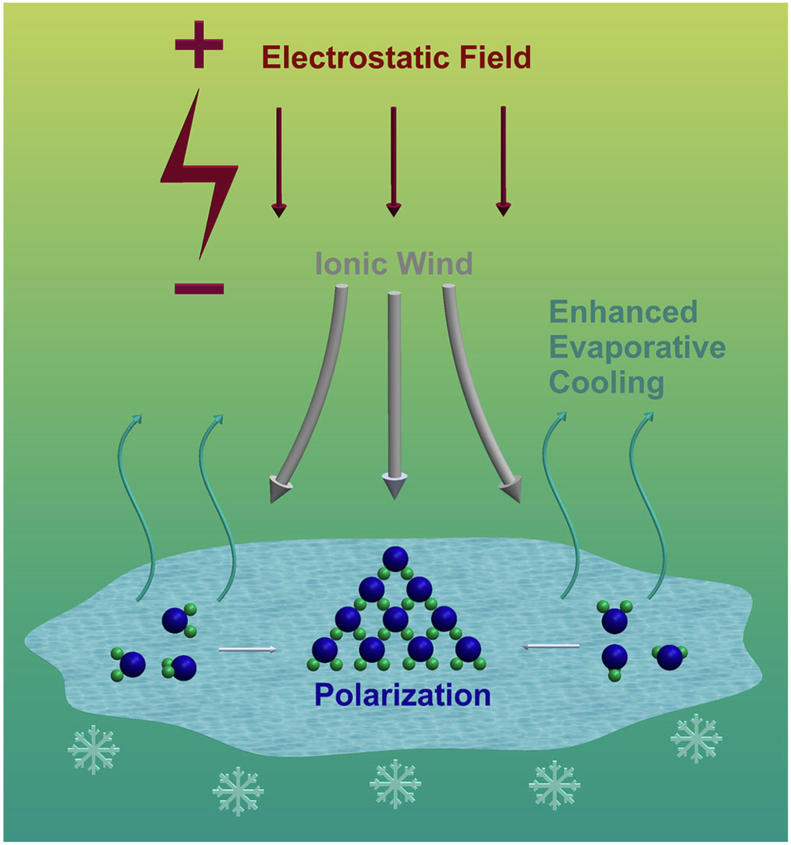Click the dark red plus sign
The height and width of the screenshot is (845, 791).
[199, 45]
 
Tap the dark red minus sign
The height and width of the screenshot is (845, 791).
[199, 289]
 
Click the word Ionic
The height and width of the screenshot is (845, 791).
[347, 263]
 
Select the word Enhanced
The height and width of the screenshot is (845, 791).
[623, 312]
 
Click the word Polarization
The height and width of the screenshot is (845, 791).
[403, 695]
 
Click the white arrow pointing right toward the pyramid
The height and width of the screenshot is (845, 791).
[247, 649]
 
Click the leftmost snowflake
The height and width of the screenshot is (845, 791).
[93, 749]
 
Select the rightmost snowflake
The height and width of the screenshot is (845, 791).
[696, 738]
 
